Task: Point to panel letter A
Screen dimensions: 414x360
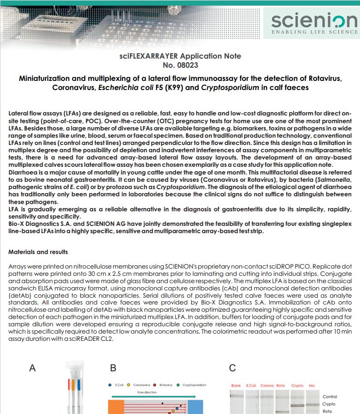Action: (32, 368)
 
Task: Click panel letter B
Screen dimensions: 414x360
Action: (113, 368)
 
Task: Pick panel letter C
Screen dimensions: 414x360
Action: (232, 368)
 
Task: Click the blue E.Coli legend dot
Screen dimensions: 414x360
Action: (110, 385)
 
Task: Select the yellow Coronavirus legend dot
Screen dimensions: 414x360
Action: (128, 385)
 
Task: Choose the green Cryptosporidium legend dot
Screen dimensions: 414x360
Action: (178, 385)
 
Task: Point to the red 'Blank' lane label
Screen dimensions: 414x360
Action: (236, 385)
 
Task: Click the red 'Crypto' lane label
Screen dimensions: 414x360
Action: (297, 385)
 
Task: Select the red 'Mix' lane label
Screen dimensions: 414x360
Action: (311, 385)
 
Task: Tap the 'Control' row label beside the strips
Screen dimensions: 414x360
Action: (330, 397)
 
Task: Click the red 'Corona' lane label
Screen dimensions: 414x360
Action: (267, 385)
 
